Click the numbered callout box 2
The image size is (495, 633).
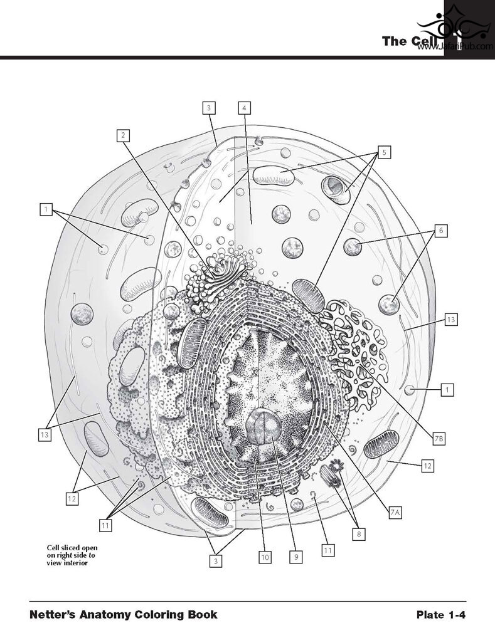pyautogui.click(x=123, y=135)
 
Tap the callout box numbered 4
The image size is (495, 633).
pyautogui.click(x=244, y=108)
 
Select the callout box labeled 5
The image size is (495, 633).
pyautogui.click(x=385, y=152)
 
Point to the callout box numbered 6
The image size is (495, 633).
pyautogui.click(x=441, y=231)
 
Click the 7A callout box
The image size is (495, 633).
pyautogui.click(x=395, y=513)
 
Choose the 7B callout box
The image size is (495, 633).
pyautogui.click(x=439, y=439)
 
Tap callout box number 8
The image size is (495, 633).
pyautogui.click(x=359, y=534)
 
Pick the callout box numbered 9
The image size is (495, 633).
pyautogui.click(x=296, y=557)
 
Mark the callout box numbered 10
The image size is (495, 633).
pyautogui.click(x=264, y=557)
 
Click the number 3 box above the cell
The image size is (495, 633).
pyautogui.click(x=208, y=108)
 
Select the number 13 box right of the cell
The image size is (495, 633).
pyautogui.click(x=451, y=320)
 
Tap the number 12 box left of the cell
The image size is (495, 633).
pyautogui.click(x=72, y=499)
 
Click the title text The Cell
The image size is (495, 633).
pyautogui.click(x=410, y=41)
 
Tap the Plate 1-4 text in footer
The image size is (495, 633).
pyautogui.click(x=441, y=615)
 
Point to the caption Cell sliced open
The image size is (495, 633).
pyautogui.click(x=72, y=548)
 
